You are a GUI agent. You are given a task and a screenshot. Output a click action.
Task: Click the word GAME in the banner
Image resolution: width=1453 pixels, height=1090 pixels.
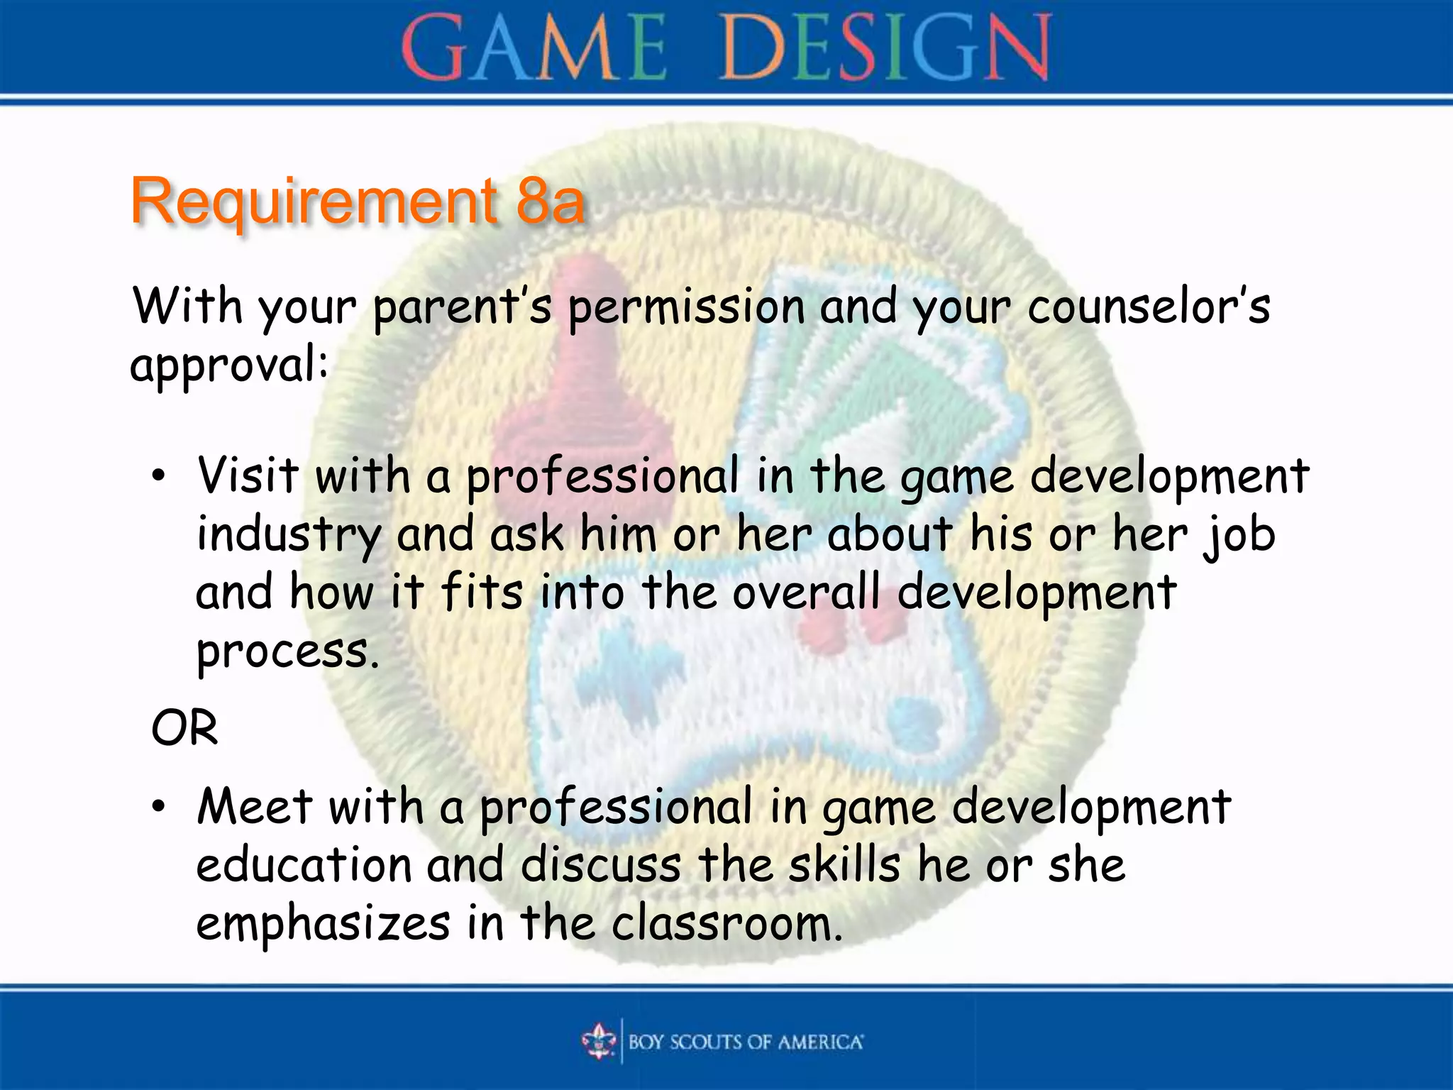(x=534, y=48)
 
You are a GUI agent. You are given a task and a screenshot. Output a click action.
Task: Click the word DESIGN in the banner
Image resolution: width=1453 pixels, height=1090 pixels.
(x=885, y=48)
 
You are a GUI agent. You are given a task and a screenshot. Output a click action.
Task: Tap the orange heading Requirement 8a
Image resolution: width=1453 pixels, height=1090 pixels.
(x=358, y=202)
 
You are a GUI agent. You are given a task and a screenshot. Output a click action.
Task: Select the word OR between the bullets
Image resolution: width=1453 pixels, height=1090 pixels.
(x=184, y=728)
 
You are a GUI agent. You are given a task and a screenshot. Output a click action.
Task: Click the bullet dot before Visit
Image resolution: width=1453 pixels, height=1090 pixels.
(x=159, y=477)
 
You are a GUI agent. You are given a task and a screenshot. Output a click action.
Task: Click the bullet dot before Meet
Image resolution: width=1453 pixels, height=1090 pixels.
(x=159, y=808)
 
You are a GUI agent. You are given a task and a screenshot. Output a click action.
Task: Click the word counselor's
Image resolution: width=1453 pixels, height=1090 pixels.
(x=1148, y=308)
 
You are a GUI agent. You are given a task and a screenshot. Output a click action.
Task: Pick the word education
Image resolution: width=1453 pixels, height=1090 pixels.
(x=304, y=866)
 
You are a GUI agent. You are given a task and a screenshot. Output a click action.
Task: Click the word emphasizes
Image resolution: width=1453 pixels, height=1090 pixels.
(x=323, y=925)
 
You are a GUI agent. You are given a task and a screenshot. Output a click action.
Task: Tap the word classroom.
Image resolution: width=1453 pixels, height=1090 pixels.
(x=726, y=924)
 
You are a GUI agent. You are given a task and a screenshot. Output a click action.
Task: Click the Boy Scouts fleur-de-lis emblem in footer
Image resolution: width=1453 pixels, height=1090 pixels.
(x=600, y=1041)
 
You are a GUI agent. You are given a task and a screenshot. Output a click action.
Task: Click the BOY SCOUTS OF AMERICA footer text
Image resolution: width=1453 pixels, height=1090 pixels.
(x=745, y=1042)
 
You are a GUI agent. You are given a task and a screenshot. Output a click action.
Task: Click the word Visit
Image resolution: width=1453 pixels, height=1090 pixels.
(x=248, y=475)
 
